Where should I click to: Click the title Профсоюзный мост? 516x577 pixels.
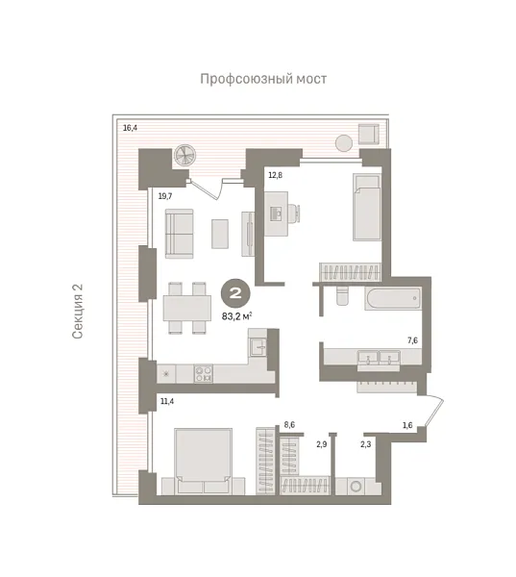pos(263,79)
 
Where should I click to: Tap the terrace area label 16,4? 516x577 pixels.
pos(131,126)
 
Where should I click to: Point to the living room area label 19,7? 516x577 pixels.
pos(164,195)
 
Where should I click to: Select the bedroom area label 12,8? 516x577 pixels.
pos(275,175)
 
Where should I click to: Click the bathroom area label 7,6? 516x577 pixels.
pos(412,340)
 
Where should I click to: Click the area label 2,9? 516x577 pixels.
pos(322,443)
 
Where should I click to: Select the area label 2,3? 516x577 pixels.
pos(366,443)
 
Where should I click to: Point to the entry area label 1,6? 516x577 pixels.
pos(407,424)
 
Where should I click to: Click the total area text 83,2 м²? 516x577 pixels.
pos(236,314)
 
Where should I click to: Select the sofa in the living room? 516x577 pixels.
pos(178,234)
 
